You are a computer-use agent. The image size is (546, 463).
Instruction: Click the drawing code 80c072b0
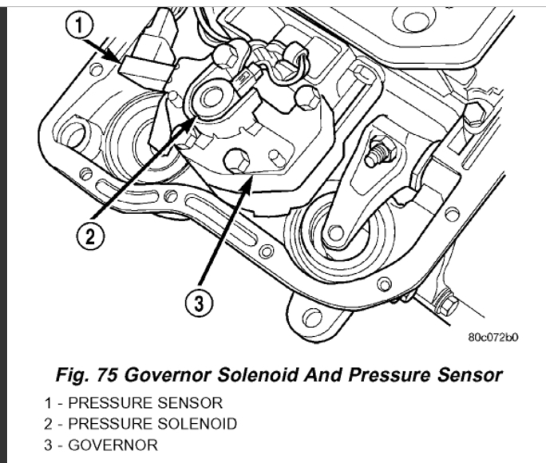point(494,336)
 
